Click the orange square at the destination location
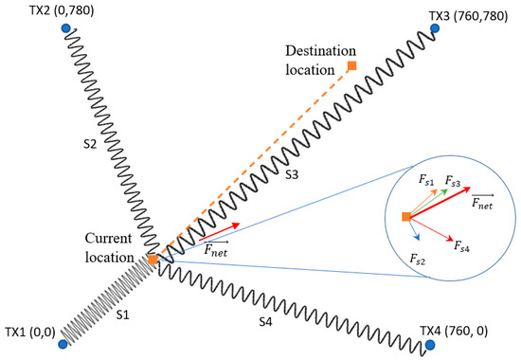click(351, 65)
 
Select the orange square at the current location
click(153, 259)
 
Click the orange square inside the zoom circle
click(405, 218)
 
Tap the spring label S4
click(266, 321)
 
